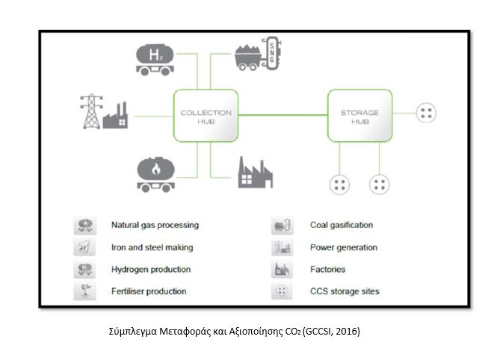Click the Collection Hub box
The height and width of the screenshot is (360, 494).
click(x=206, y=116)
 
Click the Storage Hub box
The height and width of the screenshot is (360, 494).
click(x=359, y=116)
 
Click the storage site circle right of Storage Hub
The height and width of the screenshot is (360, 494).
click(x=426, y=114)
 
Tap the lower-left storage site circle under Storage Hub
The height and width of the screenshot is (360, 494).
click(x=342, y=184)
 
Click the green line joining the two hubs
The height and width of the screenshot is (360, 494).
click(x=282, y=114)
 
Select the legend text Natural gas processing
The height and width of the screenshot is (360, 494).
click(x=155, y=225)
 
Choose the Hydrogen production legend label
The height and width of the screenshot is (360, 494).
click(x=151, y=269)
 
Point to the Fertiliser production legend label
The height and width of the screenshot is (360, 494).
click(x=149, y=291)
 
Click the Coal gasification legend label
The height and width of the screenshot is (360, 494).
click(x=341, y=225)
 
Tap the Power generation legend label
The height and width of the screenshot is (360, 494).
click(x=343, y=247)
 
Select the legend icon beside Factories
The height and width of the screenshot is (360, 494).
click(x=282, y=269)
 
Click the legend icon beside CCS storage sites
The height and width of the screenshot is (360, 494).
click(x=282, y=291)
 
